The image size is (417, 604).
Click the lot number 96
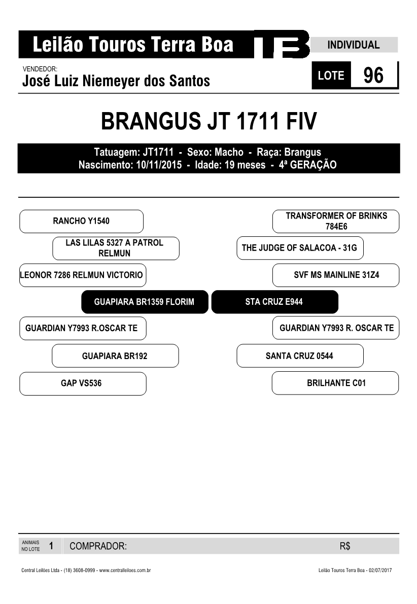pos(373,75)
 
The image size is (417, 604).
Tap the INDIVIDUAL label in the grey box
pos(354,45)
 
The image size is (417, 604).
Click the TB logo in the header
pos(282,44)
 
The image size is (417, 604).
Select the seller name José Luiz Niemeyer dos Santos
pos(116,81)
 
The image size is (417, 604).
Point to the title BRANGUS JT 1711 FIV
pos(208,121)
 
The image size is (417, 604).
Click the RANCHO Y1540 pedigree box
pos(81,221)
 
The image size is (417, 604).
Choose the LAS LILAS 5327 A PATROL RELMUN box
pos(116,248)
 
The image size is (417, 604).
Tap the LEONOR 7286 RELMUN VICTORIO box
pos(83,275)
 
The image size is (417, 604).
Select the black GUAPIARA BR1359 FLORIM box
pos(145,302)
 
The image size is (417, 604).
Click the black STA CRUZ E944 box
pos(275,302)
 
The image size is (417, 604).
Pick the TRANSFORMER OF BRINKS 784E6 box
pos(336,221)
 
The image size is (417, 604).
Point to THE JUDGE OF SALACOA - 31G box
pos(300,248)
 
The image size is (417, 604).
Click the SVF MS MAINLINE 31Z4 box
pos(336,275)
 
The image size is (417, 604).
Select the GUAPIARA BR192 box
pos(115,356)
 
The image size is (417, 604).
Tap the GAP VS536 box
pos(83,383)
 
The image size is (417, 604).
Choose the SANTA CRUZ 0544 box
pos(300,356)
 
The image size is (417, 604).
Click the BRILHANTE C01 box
pos(335,383)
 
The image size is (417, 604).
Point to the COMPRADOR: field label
pos(98,546)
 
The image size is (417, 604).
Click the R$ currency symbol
pos(345,546)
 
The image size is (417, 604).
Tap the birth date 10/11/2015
pos(159,165)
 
